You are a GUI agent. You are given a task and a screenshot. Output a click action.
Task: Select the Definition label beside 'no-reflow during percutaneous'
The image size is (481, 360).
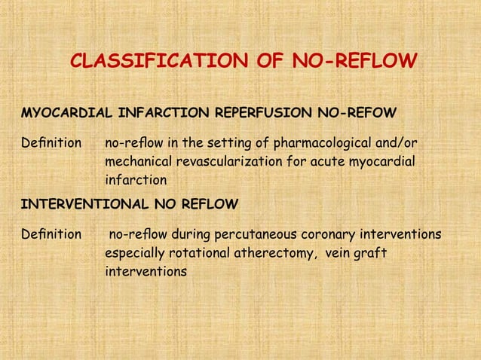point(51,234)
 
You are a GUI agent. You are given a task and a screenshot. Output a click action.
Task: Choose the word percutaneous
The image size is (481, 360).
point(250,234)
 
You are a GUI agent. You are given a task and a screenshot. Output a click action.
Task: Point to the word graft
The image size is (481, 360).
point(371,253)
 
